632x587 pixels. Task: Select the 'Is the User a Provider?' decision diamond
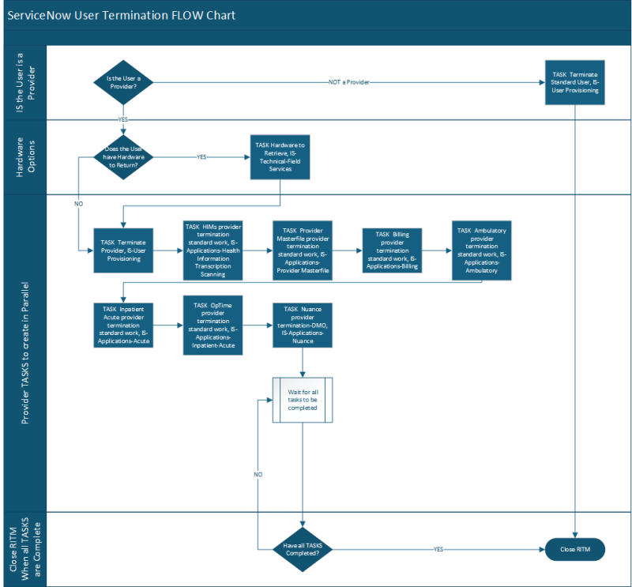tap(122, 81)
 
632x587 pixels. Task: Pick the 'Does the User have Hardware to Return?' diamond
tap(122, 156)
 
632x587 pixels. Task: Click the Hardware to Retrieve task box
tap(280, 156)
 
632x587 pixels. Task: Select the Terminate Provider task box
tap(122, 250)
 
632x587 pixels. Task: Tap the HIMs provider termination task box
tap(213, 250)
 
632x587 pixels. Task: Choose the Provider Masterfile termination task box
tap(303, 250)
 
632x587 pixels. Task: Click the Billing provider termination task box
tap(392, 250)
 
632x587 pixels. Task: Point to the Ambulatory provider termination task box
tap(482, 250)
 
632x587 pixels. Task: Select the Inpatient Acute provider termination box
tap(122, 325)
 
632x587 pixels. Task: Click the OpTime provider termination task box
tap(213, 325)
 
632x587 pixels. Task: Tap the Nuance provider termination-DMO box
tap(303, 325)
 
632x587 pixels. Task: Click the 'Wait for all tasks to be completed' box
tap(303, 400)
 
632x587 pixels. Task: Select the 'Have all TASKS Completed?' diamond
tap(303, 548)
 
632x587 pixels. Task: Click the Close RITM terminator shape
tap(575, 548)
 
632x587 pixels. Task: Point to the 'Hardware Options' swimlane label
tap(24, 156)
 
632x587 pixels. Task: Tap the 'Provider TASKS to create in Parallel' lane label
tap(24, 352)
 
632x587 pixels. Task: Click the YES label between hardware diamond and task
tap(202, 156)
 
